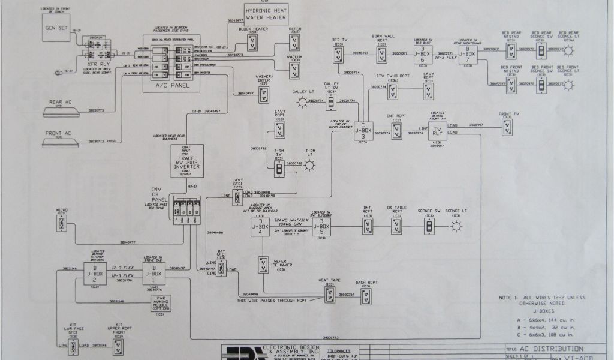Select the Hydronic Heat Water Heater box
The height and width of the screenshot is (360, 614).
pos(266,13)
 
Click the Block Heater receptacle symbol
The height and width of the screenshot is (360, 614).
pos(252,43)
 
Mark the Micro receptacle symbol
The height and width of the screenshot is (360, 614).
pos(61,223)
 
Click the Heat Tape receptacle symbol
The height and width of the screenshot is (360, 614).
pos(330,294)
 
